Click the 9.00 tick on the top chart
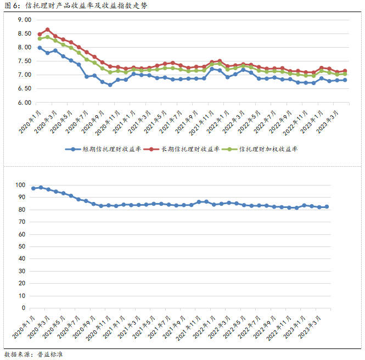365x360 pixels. [x=25, y=20]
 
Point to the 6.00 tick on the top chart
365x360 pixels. [x=25, y=103]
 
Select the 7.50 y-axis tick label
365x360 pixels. [x=25, y=61]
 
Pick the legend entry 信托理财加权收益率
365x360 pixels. [x=264, y=149]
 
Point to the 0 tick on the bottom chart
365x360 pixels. [x=24, y=308]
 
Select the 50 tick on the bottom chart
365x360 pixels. [x=23, y=246]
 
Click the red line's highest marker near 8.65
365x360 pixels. [x=48, y=30]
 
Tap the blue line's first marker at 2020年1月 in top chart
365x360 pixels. [x=40, y=48]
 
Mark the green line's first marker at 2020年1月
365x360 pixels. [x=40, y=38]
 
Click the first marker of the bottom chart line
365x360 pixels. [x=33, y=188]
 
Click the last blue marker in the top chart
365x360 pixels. [x=345, y=80]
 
